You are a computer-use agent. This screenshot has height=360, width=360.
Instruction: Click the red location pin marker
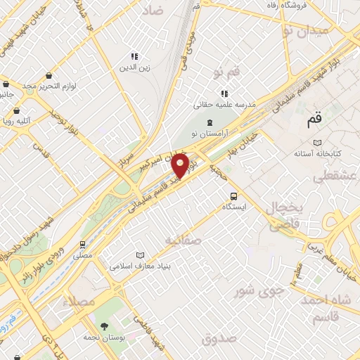pos(180,166)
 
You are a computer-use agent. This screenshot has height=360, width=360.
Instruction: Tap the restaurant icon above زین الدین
pos(134,56)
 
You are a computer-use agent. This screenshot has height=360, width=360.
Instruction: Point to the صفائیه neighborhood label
pos(183,240)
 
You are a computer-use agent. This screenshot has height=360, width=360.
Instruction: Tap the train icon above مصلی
pos(83,245)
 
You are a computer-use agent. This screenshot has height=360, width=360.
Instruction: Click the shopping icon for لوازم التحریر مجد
pos(48,75)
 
